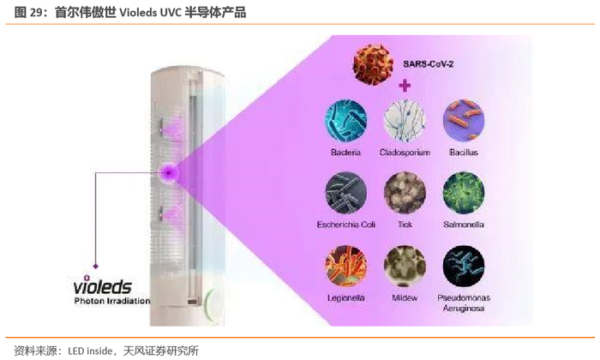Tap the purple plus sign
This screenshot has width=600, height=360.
coord(405,86)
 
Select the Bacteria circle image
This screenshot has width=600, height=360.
coord(345,121)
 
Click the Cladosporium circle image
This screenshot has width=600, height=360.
coord(405,121)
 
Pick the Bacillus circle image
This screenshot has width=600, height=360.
coord(464,121)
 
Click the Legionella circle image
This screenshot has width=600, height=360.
coord(345,267)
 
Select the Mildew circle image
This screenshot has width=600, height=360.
coord(405,267)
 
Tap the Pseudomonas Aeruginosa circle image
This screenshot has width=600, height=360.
coord(464,267)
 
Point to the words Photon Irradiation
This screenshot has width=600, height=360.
coord(111,301)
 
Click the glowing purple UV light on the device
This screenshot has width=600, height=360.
coord(171,172)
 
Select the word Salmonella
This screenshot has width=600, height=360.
coord(464,225)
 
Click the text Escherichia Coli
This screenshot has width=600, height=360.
coord(345,225)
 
